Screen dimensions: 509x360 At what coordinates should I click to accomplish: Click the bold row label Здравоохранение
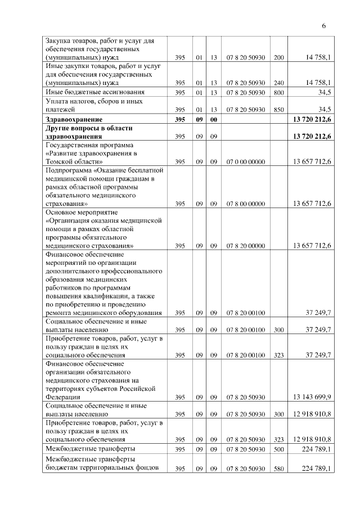coord(73,120)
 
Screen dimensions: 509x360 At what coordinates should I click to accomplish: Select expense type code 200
coord(279,57)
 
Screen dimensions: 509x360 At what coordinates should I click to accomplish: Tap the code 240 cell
coord(279,82)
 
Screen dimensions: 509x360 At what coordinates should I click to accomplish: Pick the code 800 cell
coord(279,92)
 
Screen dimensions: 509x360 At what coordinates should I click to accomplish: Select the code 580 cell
coord(279,469)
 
